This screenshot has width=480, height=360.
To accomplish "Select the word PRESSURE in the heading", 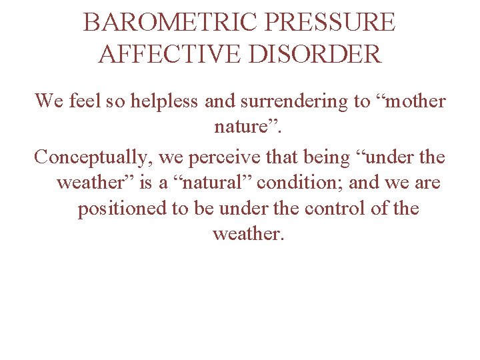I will click(x=330, y=23).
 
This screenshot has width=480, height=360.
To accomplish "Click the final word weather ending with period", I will click(x=248, y=235).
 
